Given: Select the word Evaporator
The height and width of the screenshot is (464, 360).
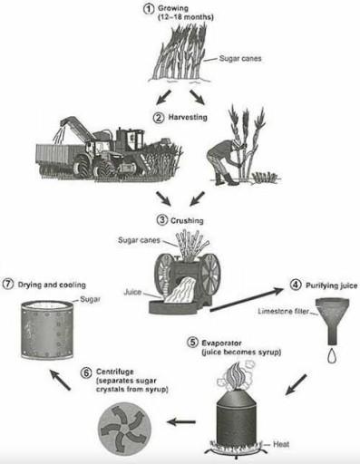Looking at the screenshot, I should (x=221, y=343).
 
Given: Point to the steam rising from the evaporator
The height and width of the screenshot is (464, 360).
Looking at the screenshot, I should (x=234, y=374).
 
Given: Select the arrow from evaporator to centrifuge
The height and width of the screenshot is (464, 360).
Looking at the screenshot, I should (x=186, y=420).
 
